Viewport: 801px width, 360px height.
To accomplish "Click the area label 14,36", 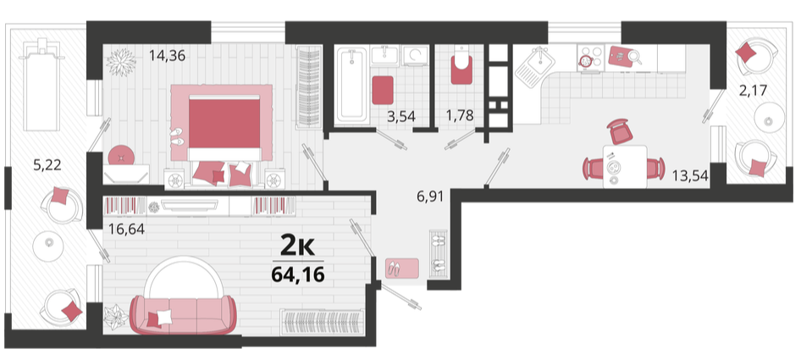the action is (x=167, y=55).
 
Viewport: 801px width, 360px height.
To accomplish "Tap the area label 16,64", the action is (x=126, y=229).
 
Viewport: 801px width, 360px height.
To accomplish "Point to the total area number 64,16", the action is (x=298, y=274).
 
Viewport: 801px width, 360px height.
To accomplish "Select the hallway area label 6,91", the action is (x=429, y=196).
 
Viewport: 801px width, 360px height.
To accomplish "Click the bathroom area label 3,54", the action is (x=401, y=116).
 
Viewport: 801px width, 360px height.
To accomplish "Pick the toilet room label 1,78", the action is (x=460, y=116).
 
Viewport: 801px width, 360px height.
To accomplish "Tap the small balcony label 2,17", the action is (x=753, y=91).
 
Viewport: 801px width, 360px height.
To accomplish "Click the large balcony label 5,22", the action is (x=47, y=165).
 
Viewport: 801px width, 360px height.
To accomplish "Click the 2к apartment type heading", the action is (x=299, y=246).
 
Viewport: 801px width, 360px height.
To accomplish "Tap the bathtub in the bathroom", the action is (x=351, y=85).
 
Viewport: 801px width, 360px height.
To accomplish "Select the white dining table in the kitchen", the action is (x=624, y=166).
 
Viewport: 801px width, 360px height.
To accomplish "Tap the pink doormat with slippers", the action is (x=402, y=268).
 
